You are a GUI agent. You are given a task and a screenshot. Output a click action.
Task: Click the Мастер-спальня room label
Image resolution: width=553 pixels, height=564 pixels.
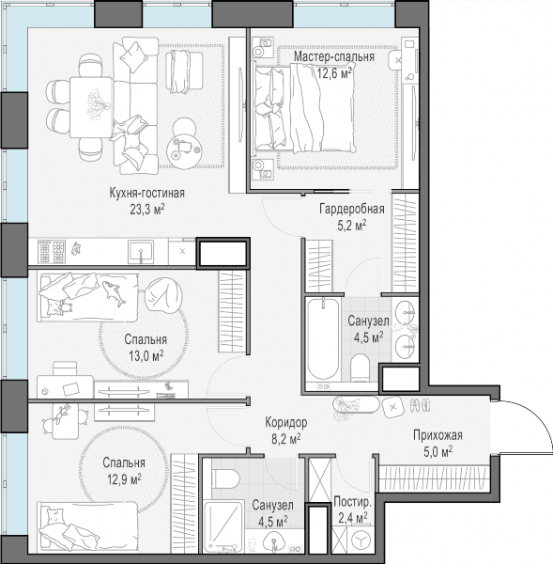(334, 56)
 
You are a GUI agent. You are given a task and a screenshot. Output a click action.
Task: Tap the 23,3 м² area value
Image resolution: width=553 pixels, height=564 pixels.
(147, 210)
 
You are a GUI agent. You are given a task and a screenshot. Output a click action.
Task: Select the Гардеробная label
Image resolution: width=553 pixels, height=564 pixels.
(352, 209)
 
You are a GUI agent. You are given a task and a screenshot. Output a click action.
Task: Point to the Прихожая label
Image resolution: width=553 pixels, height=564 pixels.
(438, 435)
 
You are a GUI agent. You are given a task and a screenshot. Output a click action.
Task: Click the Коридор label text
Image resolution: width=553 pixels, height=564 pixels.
(286, 422)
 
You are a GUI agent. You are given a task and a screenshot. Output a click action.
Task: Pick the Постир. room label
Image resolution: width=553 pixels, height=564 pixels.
(352, 502)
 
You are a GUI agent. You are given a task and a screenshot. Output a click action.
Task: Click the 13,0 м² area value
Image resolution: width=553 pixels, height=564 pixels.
(146, 356)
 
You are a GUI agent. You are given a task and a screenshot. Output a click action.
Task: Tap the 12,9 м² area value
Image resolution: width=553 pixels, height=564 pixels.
(124, 479)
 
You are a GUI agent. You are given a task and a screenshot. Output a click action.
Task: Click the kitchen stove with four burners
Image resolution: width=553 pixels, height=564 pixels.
(52, 251)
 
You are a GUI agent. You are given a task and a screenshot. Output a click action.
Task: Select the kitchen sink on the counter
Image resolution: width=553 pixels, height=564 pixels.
(141, 252)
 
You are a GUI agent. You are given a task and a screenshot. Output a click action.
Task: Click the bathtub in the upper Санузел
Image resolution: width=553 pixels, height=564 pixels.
(323, 338)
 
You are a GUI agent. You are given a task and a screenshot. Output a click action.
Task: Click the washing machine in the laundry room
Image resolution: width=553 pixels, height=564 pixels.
(361, 540)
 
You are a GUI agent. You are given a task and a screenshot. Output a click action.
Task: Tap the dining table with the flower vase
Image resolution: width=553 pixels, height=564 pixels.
(92, 107)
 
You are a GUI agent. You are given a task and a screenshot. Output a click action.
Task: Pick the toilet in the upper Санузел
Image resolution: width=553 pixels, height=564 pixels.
(360, 368)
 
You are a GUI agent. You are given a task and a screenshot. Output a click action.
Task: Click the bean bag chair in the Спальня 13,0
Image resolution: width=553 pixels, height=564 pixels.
(163, 297)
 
